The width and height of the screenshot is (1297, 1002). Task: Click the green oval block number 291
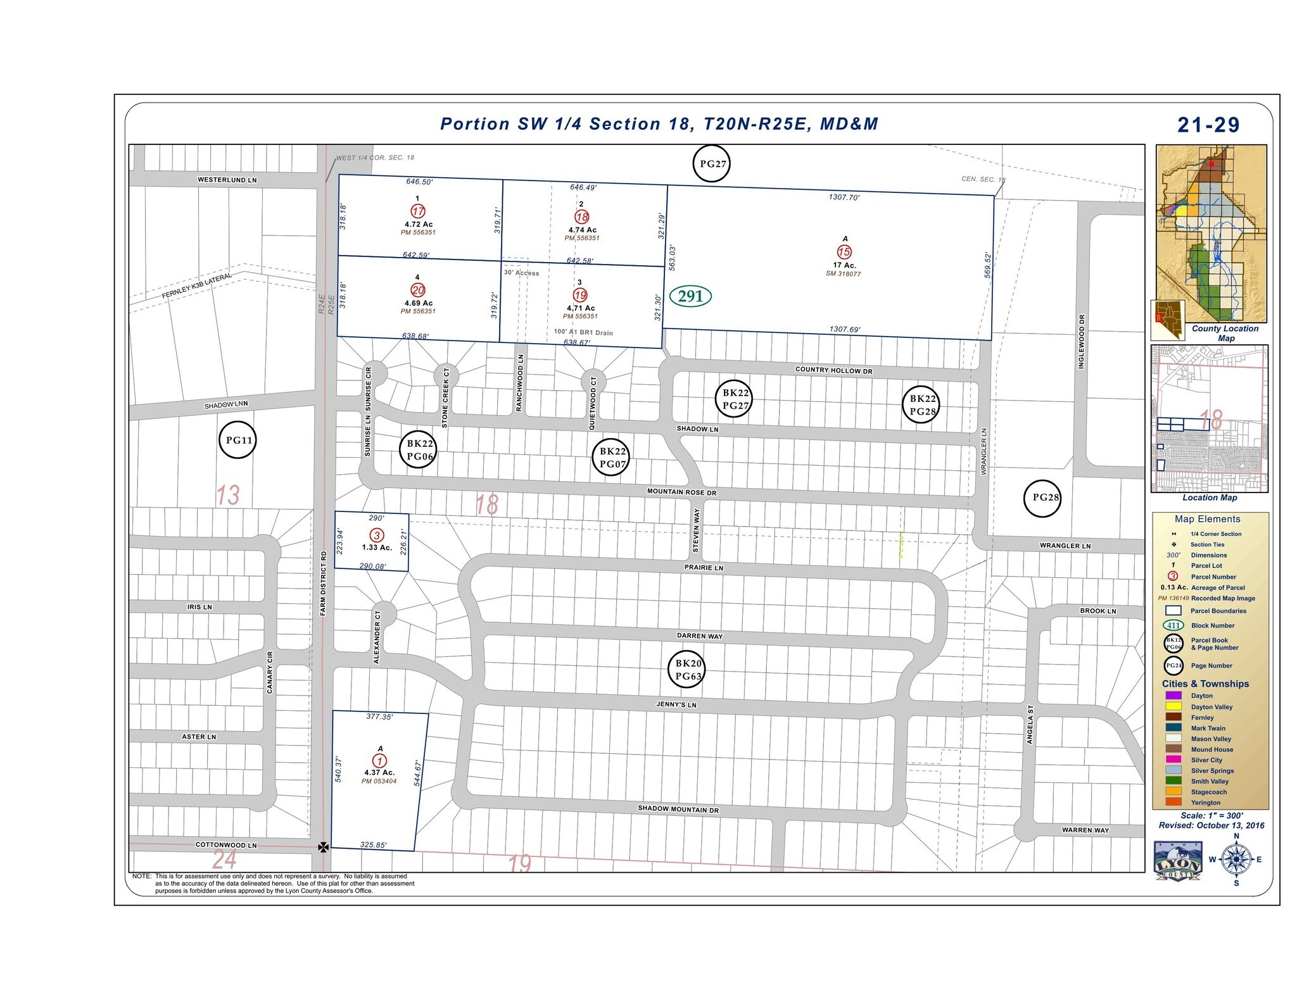[x=690, y=296]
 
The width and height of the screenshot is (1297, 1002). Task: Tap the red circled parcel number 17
[x=418, y=211]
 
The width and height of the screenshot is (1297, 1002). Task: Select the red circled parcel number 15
[x=844, y=252]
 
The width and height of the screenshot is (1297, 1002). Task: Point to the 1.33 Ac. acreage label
[x=377, y=548]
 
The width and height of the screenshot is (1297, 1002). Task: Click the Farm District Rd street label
[x=324, y=583]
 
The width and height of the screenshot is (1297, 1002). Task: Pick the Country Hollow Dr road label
[x=833, y=370]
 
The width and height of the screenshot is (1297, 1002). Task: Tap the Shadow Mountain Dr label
[x=678, y=809]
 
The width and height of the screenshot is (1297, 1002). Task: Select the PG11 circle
[x=238, y=441]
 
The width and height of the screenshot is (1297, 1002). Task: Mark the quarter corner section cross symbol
[x=323, y=847]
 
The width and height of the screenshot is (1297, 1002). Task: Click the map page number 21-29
[x=1208, y=125]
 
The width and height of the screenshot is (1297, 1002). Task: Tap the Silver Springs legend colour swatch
[x=1173, y=770]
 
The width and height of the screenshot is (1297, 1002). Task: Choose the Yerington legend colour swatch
[x=1173, y=802]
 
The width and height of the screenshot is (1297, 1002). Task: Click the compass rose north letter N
[x=1236, y=836]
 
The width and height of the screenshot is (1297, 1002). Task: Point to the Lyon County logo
[x=1177, y=861]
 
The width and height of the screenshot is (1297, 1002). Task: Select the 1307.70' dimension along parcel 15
[x=844, y=197]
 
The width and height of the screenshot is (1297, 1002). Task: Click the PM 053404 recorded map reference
[x=379, y=781]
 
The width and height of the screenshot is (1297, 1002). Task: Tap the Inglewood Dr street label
[x=1081, y=342]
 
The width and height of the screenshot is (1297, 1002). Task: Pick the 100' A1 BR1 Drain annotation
[x=583, y=332]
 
